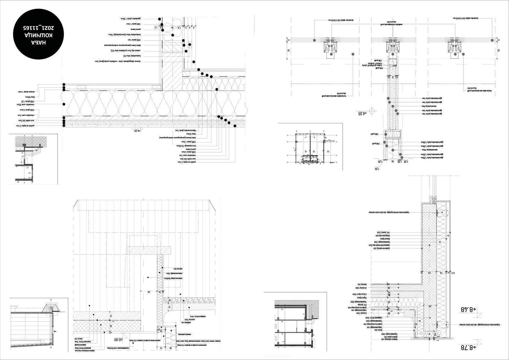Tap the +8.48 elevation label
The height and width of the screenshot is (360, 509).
468,309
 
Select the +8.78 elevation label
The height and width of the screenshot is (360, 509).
468,347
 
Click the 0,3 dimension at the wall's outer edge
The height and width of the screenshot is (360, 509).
453,273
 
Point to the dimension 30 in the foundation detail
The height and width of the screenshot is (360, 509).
149,292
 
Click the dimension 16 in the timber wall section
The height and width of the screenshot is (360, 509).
172,28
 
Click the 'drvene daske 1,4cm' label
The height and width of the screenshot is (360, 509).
24,91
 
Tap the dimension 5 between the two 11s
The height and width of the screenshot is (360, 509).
393,77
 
